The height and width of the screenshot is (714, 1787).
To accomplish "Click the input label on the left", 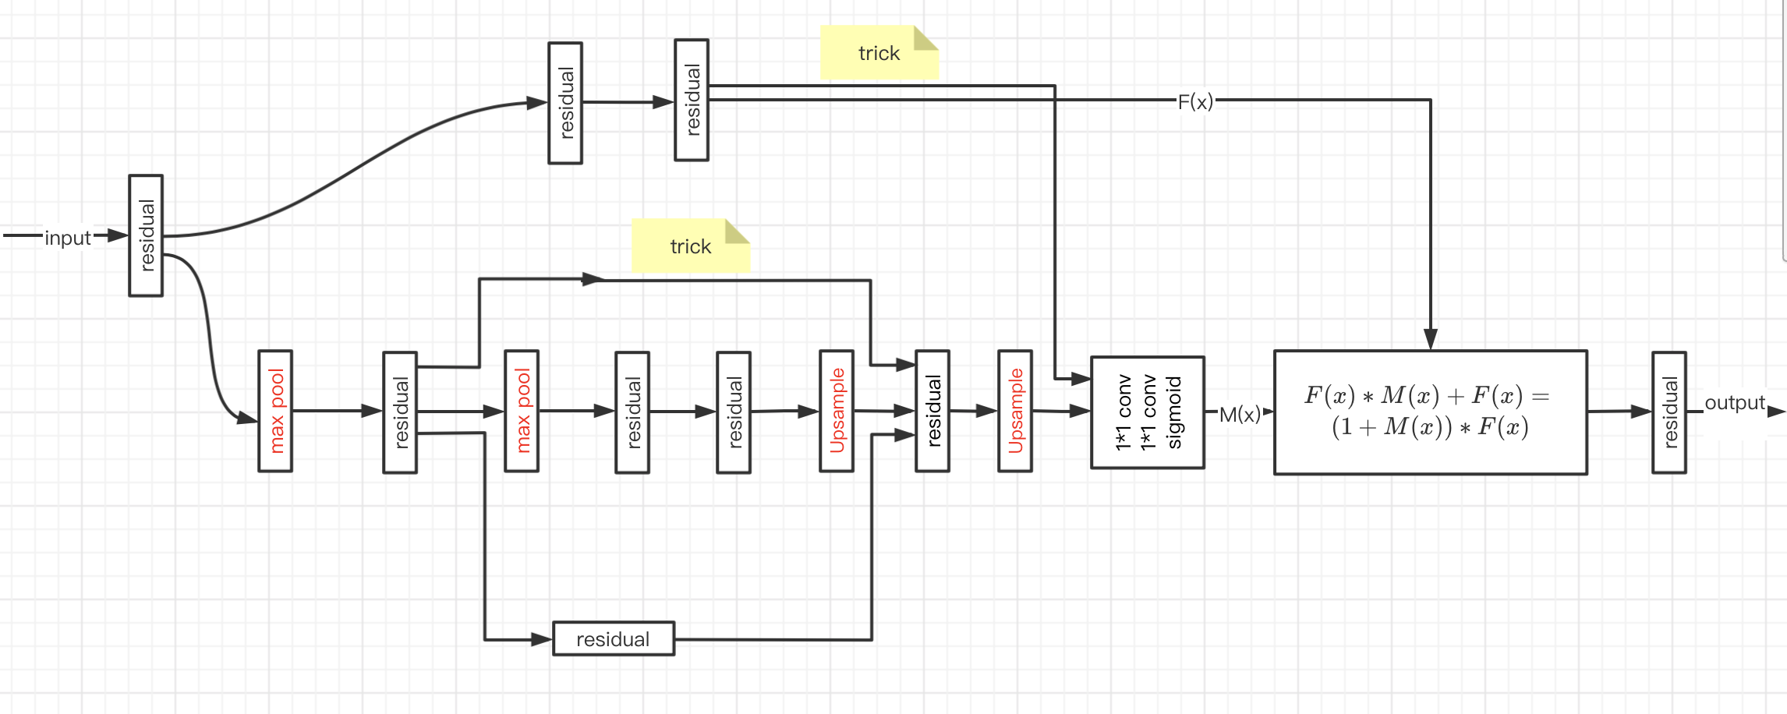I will pyautogui.click(x=68, y=237).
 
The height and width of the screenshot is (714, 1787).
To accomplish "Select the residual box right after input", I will pyautogui.click(x=146, y=235).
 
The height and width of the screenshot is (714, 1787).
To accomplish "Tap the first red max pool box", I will pyautogui.click(x=275, y=411).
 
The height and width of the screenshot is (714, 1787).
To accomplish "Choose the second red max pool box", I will pyautogui.click(x=522, y=411).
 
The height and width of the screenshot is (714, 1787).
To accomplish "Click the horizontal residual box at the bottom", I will pyautogui.click(x=614, y=639).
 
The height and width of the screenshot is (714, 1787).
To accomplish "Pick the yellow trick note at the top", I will pyautogui.click(x=879, y=53).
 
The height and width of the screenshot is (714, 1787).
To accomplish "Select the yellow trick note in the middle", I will pyautogui.click(x=690, y=246).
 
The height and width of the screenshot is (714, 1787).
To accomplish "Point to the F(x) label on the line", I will pyautogui.click(x=1195, y=101).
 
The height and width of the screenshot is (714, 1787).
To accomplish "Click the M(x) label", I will pyautogui.click(x=1240, y=414).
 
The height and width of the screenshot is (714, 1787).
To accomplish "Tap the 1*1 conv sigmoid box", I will pyautogui.click(x=1147, y=412).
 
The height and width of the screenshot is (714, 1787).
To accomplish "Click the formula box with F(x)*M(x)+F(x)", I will pyautogui.click(x=1430, y=412).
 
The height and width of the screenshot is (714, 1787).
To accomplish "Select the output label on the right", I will pyautogui.click(x=1734, y=403).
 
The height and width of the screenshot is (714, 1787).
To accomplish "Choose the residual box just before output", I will pyautogui.click(x=1669, y=412).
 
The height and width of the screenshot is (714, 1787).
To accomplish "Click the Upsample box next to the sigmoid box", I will pyautogui.click(x=1015, y=411).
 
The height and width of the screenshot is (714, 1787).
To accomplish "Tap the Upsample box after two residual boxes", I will pyautogui.click(x=837, y=411).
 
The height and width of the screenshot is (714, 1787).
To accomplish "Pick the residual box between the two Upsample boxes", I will pyautogui.click(x=932, y=411).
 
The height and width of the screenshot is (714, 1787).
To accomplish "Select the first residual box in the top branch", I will pyautogui.click(x=565, y=103).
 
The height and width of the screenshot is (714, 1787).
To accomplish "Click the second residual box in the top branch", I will pyautogui.click(x=692, y=101).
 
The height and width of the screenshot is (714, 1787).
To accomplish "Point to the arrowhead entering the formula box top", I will pyautogui.click(x=1430, y=339).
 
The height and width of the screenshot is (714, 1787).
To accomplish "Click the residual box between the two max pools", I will pyautogui.click(x=400, y=412).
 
